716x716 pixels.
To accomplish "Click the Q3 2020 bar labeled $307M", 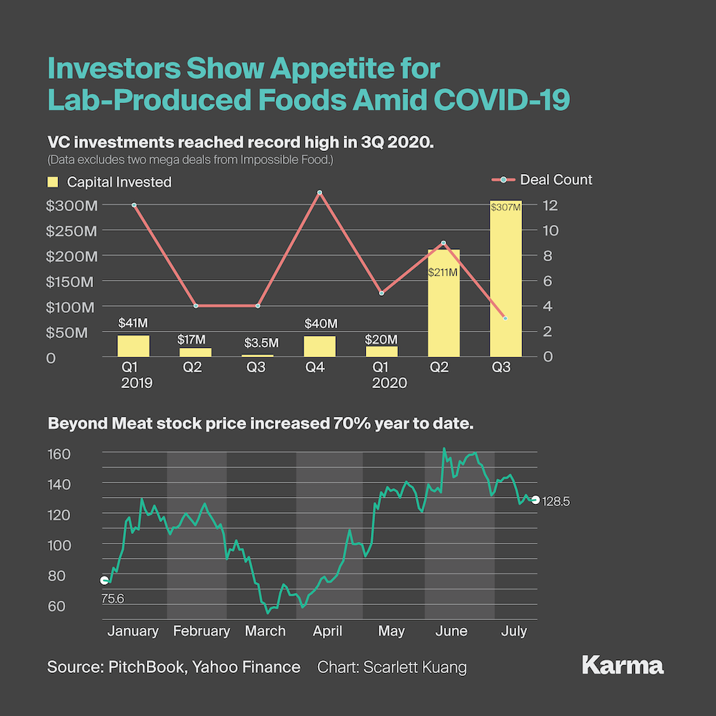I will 505,279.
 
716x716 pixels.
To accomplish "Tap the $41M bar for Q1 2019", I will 134,346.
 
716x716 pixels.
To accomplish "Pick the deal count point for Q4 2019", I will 319,193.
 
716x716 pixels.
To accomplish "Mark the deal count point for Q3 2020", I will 505,318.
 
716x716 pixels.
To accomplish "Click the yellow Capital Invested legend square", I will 52,182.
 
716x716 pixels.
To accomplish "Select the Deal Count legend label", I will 556,180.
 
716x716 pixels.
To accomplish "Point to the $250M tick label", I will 71,231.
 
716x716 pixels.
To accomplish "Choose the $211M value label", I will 442,272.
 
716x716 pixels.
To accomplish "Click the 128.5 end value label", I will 556,502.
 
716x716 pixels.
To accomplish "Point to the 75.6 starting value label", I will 112,599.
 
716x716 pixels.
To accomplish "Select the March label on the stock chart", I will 265,631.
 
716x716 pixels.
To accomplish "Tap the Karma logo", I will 623,665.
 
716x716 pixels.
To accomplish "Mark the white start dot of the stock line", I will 105,580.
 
